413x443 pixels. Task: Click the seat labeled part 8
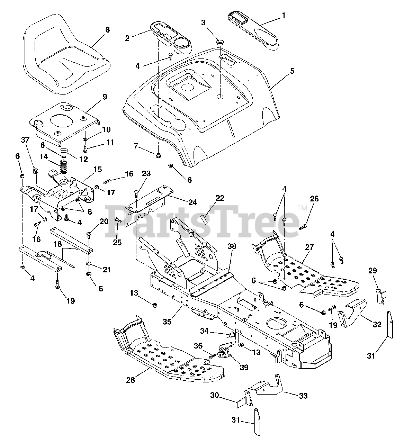pos(66,55)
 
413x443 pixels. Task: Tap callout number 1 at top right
pos(284,16)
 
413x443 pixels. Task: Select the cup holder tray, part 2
pos(171,36)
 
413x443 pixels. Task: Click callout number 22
pos(220,198)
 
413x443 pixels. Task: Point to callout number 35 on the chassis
pos(167,321)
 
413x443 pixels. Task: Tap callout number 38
pos(232,246)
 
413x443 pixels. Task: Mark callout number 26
pos(314,199)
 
